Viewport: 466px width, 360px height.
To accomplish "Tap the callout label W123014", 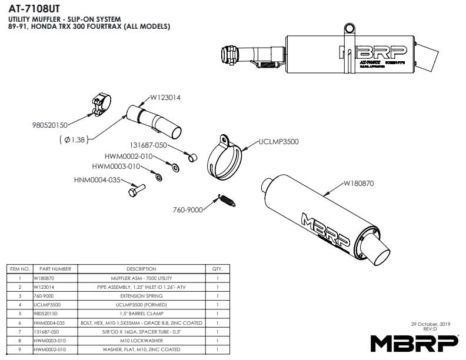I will pos(165,97).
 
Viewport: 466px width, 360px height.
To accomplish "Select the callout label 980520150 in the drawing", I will pos(50,125).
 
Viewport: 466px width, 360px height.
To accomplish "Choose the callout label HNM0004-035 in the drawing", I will pos(97,179).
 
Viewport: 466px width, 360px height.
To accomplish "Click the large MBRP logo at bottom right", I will pos(414,342).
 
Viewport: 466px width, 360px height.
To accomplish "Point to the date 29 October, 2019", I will pos(431,324).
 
